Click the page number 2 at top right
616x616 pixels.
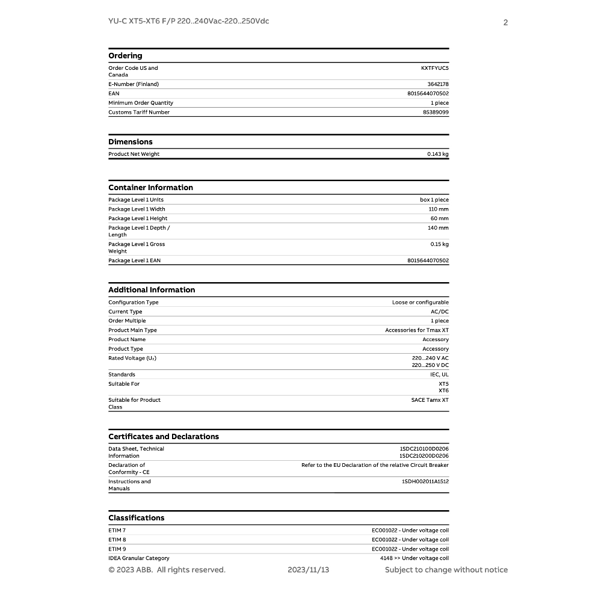point(505,23)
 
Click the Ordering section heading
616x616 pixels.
point(125,56)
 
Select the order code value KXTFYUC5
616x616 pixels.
point(434,69)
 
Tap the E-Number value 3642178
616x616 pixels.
point(437,84)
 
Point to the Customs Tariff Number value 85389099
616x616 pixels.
point(436,112)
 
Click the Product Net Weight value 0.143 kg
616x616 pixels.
point(437,154)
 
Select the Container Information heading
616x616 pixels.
point(150,188)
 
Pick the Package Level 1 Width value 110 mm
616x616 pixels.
point(438,209)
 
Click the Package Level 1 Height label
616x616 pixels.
point(138,218)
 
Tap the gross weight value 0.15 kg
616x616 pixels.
point(439,244)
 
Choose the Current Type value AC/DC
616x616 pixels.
point(439,312)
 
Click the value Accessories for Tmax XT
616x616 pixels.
point(416,330)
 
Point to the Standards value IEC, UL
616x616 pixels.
point(439,375)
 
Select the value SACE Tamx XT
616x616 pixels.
point(430,400)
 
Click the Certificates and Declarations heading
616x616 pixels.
point(164,437)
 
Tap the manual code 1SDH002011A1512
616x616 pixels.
point(425,482)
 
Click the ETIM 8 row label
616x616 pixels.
point(117,540)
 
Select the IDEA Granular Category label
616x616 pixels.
point(139,558)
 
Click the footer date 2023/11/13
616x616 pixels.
point(308,570)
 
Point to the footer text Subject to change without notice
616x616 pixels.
point(446,570)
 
